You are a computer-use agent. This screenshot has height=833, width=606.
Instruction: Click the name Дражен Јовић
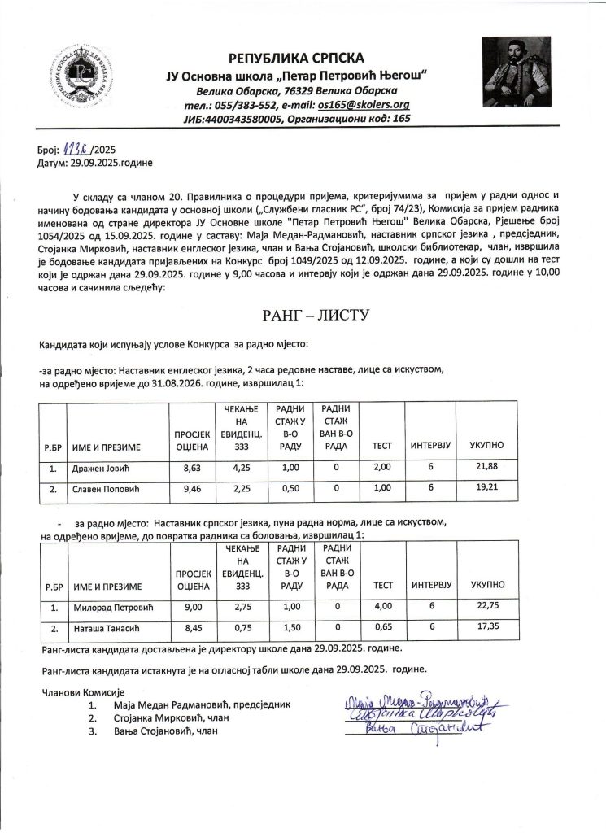[x=101, y=469]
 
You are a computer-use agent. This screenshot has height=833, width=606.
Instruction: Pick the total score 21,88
[x=487, y=469]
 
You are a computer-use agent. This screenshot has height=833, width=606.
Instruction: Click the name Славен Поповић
[x=106, y=491]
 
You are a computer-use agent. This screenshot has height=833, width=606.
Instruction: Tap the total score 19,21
[x=487, y=491]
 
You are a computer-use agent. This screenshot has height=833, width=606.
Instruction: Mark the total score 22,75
[x=487, y=608]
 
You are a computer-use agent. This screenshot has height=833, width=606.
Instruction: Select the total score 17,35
[x=487, y=629]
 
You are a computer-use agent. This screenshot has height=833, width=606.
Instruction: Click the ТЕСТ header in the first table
[x=382, y=447]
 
